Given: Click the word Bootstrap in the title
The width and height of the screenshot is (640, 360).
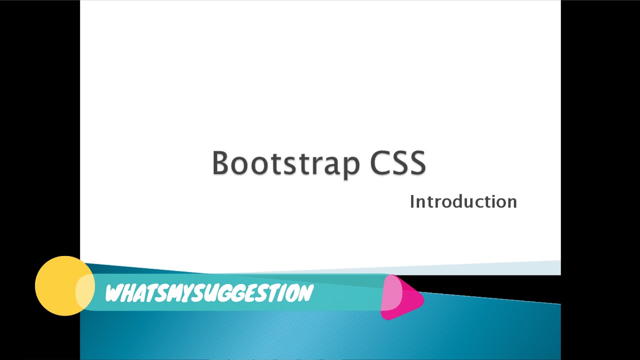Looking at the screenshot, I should click(285, 163).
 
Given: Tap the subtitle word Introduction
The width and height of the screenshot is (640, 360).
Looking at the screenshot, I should click(463, 201).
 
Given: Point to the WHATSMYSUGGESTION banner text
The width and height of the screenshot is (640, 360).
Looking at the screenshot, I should click(209, 293).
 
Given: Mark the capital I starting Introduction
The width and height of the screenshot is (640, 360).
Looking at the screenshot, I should click(412, 201).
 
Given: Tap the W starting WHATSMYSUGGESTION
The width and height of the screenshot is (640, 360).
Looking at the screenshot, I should click(114, 293).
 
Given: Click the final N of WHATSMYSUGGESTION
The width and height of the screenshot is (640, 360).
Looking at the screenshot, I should click(305, 293).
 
